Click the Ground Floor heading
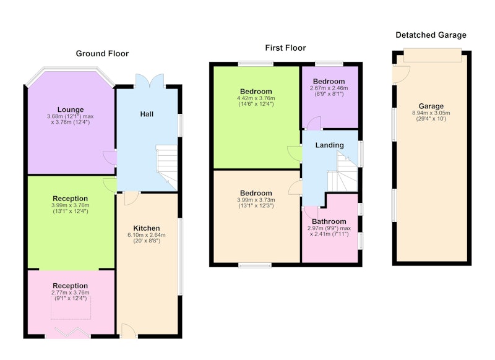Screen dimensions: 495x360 click(x=102, y=54)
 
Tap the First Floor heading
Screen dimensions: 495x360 click(x=285, y=48)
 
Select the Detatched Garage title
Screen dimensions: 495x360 click(x=431, y=35)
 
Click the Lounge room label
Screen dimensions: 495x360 click(x=71, y=109)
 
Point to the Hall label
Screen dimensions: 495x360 click(x=147, y=114)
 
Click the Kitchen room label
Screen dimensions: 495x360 click(x=147, y=228)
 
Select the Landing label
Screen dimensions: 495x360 click(x=330, y=145)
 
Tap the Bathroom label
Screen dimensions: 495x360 click(x=329, y=221)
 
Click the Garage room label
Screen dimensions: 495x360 click(x=431, y=106)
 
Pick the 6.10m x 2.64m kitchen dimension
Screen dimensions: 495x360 click(x=147, y=235)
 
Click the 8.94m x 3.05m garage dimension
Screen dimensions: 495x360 click(x=431, y=113)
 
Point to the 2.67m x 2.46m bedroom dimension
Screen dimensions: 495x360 click(x=329, y=88)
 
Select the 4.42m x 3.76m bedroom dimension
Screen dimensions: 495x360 click(x=256, y=98)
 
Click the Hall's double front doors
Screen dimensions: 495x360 click(x=150, y=81)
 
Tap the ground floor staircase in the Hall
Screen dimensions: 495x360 click(x=166, y=168)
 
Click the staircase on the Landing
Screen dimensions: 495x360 click(x=343, y=172)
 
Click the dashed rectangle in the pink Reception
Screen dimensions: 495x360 click(x=71, y=307)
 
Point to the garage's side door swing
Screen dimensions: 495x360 click(x=401, y=74)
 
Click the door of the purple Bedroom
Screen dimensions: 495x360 click(x=314, y=123)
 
